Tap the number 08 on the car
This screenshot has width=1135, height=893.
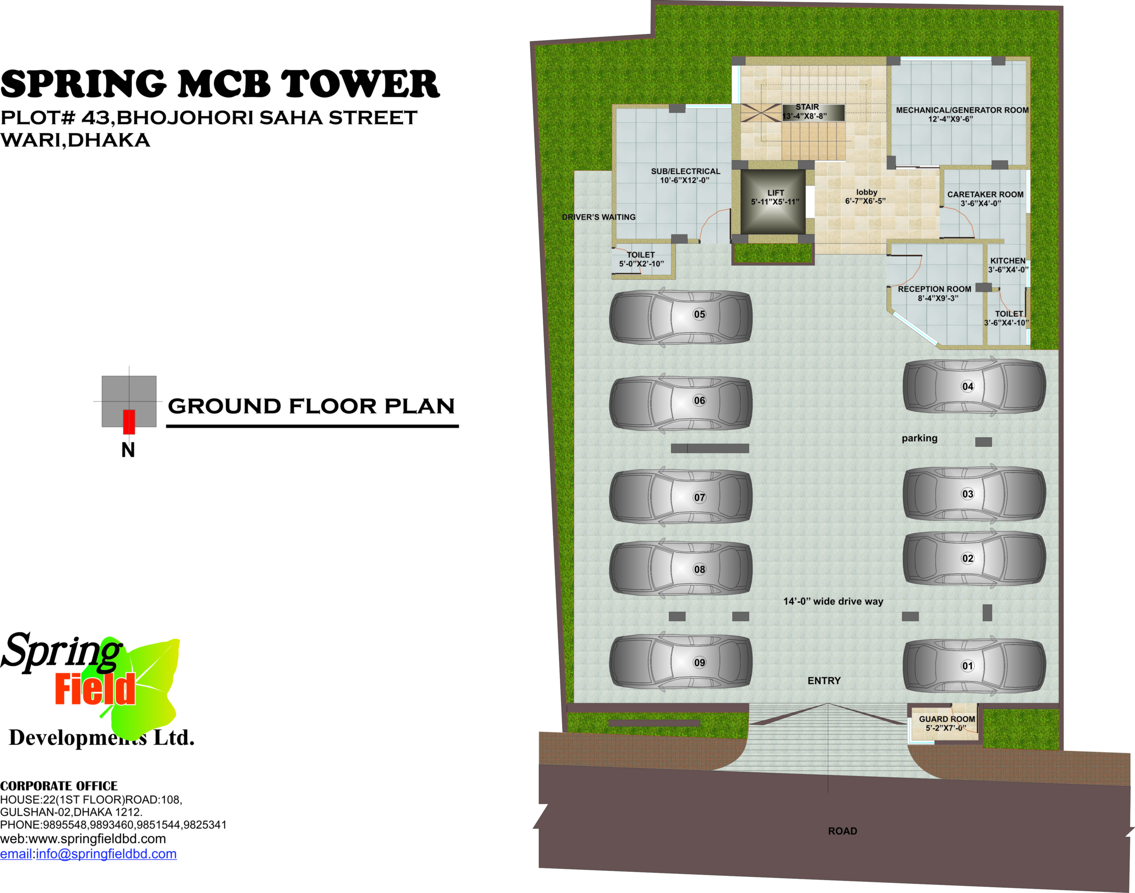pyautogui.click(x=699, y=569)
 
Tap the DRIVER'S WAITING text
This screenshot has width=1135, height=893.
pyautogui.click(x=599, y=217)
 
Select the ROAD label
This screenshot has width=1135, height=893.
pyautogui.click(x=842, y=831)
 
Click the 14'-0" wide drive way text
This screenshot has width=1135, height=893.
pyautogui.click(x=833, y=601)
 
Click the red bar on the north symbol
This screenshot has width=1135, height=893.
pyautogui.click(x=129, y=422)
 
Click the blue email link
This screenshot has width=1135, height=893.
pyautogui.click(x=88, y=854)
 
